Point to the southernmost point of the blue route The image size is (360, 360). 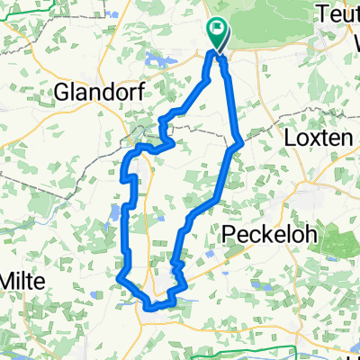click(x=148, y=308)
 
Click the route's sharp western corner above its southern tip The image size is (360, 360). click(x=120, y=278)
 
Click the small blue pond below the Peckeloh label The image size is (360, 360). click(x=209, y=255)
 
